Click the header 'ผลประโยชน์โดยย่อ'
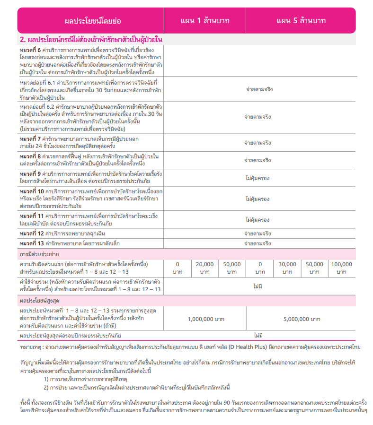pyautogui.click(x=92, y=21)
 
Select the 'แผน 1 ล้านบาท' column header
pyautogui.click(x=204, y=21)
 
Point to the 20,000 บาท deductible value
pyautogui.click(x=204, y=268)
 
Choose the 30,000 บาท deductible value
pyautogui.click(x=287, y=268)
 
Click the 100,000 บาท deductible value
pyautogui.click(x=341, y=268)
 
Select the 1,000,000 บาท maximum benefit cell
pyautogui.click(x=205, y=319)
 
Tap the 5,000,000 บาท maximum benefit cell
pyautogui.click(x=302, y=319)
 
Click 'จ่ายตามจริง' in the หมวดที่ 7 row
pyautogui.click(x=258, y=142)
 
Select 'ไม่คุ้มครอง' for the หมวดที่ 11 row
pyautogui.click(x=258, y=219)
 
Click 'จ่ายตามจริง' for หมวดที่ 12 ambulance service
pyautogui.click(x=258, y=234)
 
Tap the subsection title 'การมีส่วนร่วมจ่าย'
pyautogui.click(x=39, y=254)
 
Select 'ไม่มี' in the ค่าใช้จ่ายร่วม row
pyautogui.click(x=258, y=286)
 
